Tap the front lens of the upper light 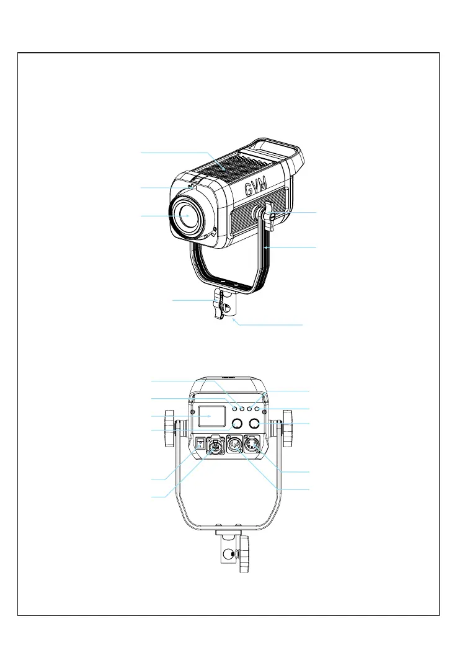pos(189,215)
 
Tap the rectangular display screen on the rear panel pos(211,417)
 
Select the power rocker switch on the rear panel pos(200,443)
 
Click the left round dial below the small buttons pos(236,424)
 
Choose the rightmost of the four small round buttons pos(257,409)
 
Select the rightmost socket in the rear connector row pos(255,445)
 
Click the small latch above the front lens pos(192,188)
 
